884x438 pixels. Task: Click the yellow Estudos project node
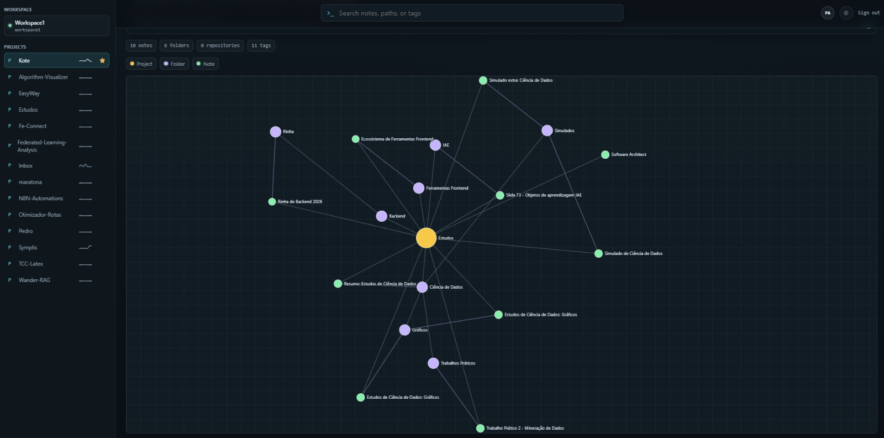[426, 238]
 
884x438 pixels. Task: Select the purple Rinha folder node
[276, 132]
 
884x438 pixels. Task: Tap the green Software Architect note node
[605, 154]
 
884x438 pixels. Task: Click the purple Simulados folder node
[547, 131]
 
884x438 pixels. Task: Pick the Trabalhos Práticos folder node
[433, 363]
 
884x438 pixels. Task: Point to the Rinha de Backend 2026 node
[272, 201]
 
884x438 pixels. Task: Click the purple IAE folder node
[435, 145]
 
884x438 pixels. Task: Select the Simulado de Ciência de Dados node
[598, 253]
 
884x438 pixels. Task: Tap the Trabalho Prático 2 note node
[480, 428]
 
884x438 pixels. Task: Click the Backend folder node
[381, 216]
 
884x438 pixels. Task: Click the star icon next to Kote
[102, 60]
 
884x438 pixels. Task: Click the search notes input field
[472, 13]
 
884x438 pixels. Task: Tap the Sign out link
[869, 13]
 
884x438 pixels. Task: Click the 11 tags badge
[261, 45]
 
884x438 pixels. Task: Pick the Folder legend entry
[174, 64]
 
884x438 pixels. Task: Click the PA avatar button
[828, 13]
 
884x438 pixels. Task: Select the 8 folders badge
[176, 45]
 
